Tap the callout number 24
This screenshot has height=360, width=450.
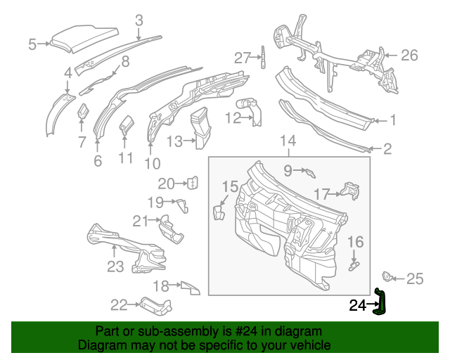point(358,305)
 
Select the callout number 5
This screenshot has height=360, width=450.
point(32,45)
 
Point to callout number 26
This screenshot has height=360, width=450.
point(409,55)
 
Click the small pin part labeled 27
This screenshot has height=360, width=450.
point(264,57)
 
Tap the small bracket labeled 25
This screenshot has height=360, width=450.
point(386,276)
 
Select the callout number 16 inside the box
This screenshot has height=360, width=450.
point(356,243)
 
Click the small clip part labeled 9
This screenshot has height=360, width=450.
point(309,172)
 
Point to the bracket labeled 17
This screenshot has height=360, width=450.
point(351,191)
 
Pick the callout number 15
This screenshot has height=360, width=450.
point(231,186)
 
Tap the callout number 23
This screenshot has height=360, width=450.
point(115,266)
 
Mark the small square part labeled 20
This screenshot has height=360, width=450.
point(192,184)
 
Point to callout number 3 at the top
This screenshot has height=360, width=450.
point(139,20)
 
